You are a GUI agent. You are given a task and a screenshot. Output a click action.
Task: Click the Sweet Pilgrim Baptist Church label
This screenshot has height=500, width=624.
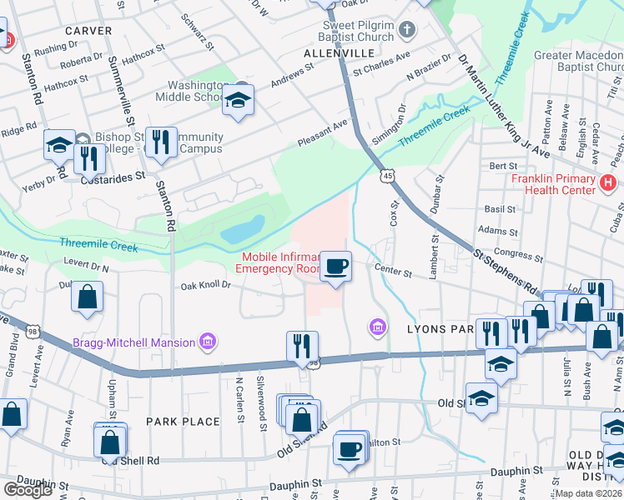tap(358, 31)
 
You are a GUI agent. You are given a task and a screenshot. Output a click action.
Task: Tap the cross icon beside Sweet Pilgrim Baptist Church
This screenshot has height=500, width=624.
tap(406, 32)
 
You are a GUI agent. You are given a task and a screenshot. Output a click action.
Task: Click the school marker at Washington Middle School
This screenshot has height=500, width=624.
tap(238, 101)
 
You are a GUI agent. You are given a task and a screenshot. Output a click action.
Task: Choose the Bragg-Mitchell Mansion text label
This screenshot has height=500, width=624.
tap(133, 342)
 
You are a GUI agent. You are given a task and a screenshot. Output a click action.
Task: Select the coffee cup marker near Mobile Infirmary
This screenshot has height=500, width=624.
tap(335, 267)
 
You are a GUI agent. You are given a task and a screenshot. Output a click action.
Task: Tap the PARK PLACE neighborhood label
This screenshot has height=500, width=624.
tap(183, 422)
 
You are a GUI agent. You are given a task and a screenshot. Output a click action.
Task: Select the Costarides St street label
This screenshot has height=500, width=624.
tap(112, 177)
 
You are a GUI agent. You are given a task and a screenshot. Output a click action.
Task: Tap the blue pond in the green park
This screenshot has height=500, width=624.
tap(243, 227)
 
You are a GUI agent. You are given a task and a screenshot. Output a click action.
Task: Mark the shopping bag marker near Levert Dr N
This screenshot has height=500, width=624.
tap(88, 297)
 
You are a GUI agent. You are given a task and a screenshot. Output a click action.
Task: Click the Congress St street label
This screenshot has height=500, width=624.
tap(513, 251)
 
